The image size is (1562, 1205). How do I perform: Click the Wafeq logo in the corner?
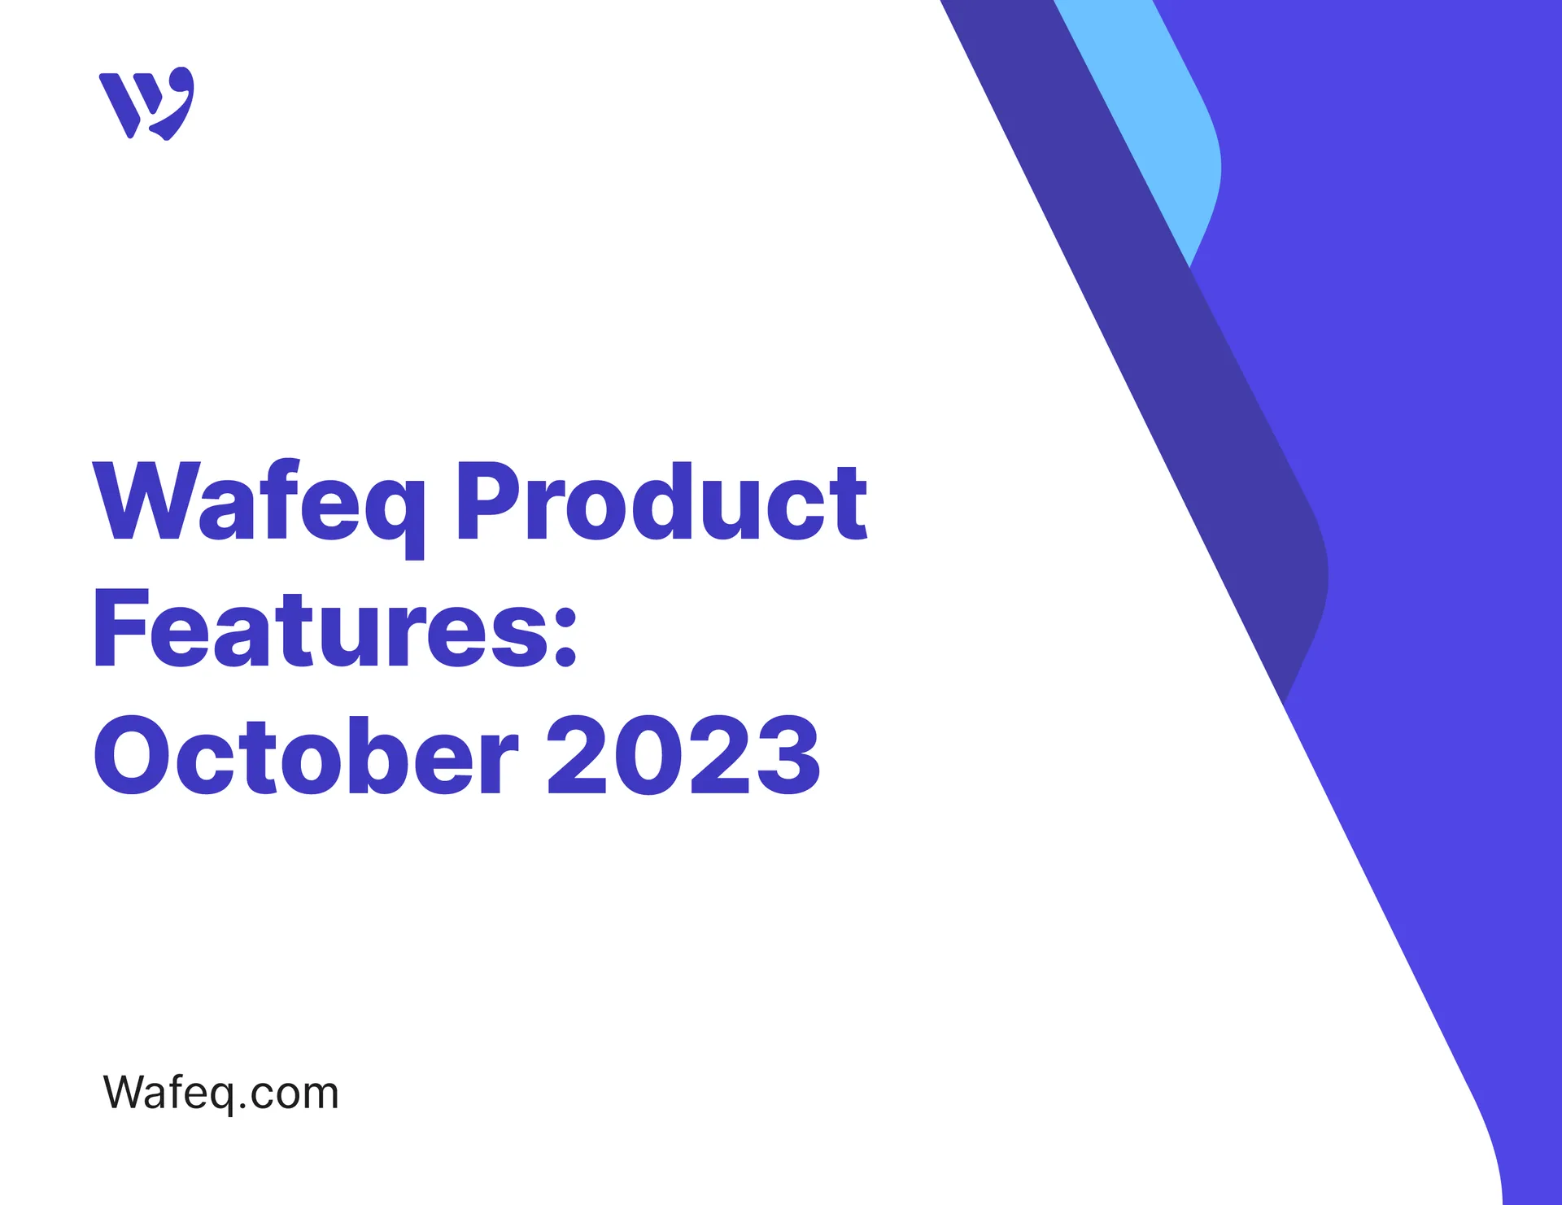point(146,103)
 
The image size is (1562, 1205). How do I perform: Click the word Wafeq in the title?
point(259,501)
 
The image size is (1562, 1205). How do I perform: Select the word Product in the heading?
point(661,501)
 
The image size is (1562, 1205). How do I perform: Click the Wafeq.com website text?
point(220,1092)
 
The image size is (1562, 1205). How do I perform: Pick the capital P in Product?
point(486,500)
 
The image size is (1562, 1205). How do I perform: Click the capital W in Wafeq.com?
point(124,1091)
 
